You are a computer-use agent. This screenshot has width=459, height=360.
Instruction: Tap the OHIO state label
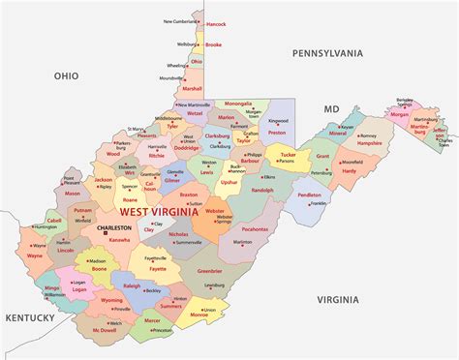(x=66, y=75)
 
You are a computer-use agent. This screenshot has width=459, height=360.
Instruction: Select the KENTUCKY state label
(x=30, y=316)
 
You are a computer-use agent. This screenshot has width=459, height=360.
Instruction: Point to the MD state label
(x=332, y=109)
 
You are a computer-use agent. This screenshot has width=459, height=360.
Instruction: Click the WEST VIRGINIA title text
(x=161, y=211)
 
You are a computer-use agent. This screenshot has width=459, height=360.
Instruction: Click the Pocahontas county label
(x=255, y=229)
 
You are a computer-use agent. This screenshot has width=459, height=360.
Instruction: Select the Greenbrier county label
(x=209, y=272)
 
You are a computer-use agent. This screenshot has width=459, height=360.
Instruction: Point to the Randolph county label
(x=262, y=190)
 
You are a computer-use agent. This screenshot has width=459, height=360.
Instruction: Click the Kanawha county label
(x=119, y=239)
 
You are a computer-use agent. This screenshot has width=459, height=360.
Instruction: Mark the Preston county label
(x=278, y=133)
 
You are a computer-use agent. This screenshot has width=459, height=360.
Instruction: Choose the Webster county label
(x=215, y=211)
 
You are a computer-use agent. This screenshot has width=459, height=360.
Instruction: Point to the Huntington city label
(x=46, y=227)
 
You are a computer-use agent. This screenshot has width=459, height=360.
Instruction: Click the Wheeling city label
(x=177, y=66)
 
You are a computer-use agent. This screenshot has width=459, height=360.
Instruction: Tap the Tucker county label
(x=287, y=155)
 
